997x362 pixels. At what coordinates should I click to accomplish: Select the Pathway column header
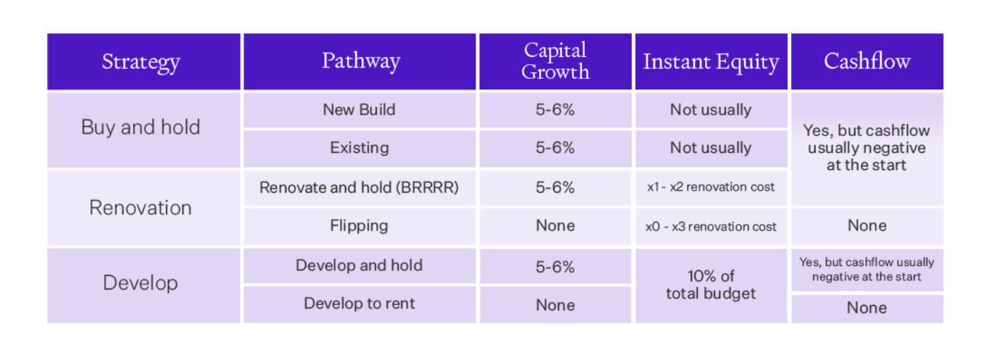pos(360,61)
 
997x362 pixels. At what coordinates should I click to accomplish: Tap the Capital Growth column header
pos(555,61)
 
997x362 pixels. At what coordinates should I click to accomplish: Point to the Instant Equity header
pos(711,61)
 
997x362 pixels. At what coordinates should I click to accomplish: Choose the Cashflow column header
pos(867,61)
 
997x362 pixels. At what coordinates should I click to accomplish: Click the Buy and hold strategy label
pos(141,128)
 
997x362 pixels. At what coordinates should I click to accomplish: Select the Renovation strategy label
pos(141,208)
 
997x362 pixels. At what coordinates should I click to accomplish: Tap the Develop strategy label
pos(141,283)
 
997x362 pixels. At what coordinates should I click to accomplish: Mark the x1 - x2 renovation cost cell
pos(711,188)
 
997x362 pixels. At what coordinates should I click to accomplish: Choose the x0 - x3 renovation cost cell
pos(711,226)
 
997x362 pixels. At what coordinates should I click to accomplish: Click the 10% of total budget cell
pos(711,284)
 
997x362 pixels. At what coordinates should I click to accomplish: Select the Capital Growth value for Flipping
pos(555,226)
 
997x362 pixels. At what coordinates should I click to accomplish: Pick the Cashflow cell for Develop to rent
pos(867,308)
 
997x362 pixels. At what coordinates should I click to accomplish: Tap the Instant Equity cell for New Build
pos(711,110)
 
